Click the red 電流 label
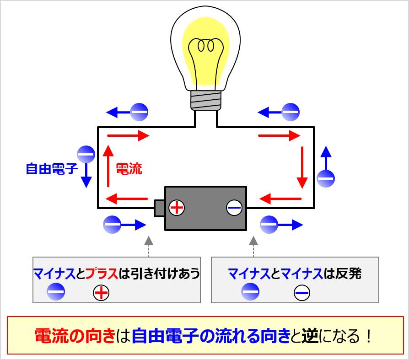(x=129, y=169)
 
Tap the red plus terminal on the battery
(x=176, y=208)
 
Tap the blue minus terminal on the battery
(x=234, y=208)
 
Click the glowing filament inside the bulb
(x=205, y=46)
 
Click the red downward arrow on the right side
(x=302, y=167)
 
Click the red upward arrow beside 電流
(x=108, y=166)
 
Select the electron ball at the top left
(x=139, y=112)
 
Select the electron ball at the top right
(x=290, y=112)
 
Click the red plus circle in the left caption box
(x=101, y=292)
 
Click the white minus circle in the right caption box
(x=302, y=292)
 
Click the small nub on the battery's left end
(x=159, y=208)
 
